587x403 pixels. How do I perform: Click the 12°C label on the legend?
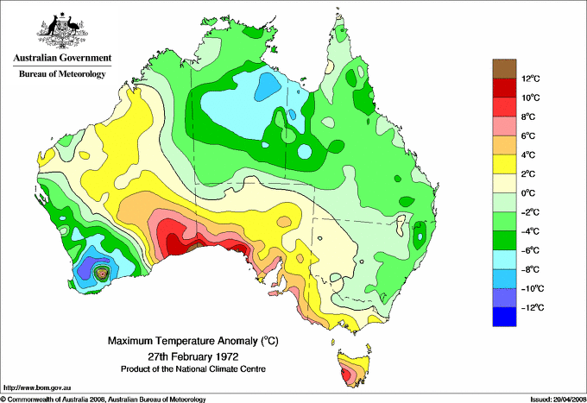coord(530,79)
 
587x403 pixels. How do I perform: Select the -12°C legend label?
coord(530,307)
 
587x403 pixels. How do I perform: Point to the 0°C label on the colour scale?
coord(530,193)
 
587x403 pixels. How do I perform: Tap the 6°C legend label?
coord(530,136)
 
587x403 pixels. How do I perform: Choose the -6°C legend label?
coord(530,250)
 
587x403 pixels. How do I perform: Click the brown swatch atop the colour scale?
coord(503,68)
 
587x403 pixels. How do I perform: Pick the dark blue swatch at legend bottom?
coord(503,317)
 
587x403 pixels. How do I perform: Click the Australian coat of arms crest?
coord(60,28)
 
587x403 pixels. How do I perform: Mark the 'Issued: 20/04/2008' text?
coord(552,399)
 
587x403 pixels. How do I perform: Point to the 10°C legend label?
coord(530,98)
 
